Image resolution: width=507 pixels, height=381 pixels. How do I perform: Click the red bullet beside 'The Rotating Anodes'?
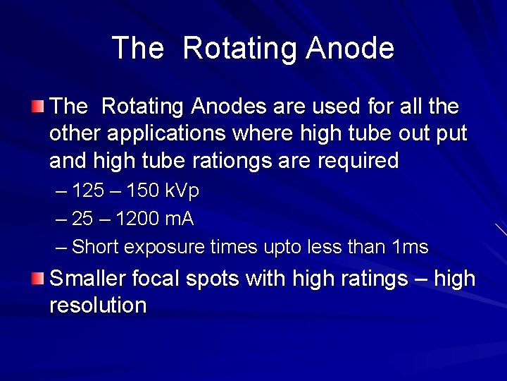[37, 107]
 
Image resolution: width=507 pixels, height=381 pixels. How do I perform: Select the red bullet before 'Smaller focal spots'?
[37, 277]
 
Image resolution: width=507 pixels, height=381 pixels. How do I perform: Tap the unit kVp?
[182, 191]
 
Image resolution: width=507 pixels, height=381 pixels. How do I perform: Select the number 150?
[142, 191]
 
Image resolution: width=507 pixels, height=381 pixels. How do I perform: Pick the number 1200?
[137, 219]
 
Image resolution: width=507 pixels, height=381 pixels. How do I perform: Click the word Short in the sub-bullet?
[96, 247]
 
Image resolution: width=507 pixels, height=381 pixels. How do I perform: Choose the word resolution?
[98, 305]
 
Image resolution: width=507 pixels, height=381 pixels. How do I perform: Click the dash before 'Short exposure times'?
[61, 247]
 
